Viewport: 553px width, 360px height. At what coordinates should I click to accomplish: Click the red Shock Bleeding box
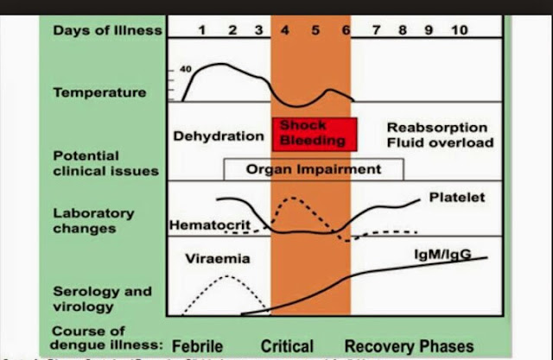click(315, 133)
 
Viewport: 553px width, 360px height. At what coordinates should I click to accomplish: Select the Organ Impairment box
click(313, 170)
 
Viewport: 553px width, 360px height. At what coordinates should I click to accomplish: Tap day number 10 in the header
click(459, 30)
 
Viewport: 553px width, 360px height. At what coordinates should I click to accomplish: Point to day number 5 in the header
click(315, 30)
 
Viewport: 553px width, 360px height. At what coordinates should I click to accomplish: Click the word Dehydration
click(219, 136)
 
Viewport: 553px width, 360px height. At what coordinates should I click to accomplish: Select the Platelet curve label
click(456, 198)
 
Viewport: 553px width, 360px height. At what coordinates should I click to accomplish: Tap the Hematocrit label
click(203, 224)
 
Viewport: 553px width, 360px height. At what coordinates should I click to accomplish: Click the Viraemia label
click(212, 257)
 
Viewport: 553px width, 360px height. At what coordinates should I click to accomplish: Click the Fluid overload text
click(440, 142)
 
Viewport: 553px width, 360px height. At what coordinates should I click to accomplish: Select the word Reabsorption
click(437, 127)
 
